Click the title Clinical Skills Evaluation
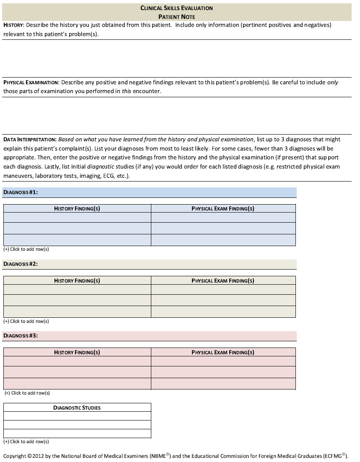[176, 8]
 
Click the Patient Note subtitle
[176, 17]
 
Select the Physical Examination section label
[31, 83]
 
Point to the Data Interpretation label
[30, 140]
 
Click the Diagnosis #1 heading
[21, 192]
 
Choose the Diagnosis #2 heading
[21, 264]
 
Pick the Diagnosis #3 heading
[21, 336]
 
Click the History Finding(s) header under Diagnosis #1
[77, 208]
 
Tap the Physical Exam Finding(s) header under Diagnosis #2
[223, 280]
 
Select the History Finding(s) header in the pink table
[77, 352]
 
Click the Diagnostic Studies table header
[77, 407]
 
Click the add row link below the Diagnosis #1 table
[26, 249]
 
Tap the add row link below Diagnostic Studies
[26, 441]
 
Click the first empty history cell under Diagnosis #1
[77, 218]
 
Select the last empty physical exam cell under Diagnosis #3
[223, 384]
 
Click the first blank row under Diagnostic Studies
[77, 416]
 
